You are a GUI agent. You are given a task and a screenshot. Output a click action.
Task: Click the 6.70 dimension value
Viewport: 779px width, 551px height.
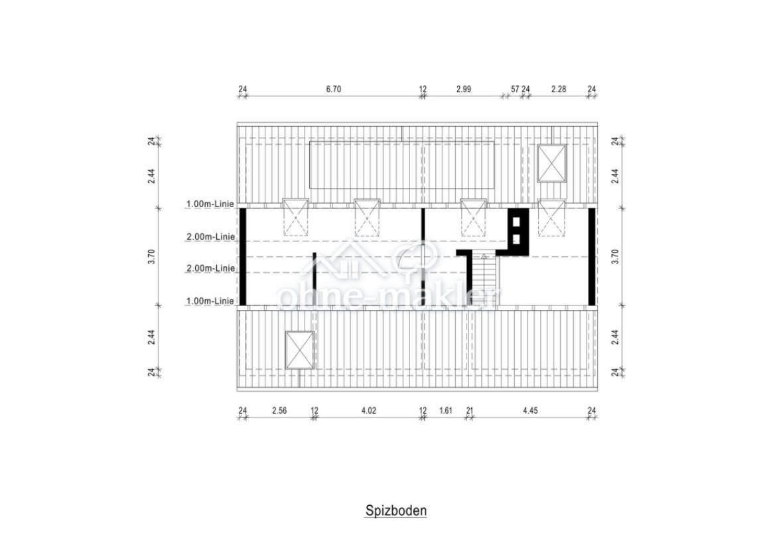pyautogui.click(x=333, y=90)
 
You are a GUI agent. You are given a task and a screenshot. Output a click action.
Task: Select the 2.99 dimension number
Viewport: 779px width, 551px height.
pyautogui.click(x=464, y=90)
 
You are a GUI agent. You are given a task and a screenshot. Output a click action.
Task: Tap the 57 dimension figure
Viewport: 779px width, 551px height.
pyautogui.click(x=515, y=90)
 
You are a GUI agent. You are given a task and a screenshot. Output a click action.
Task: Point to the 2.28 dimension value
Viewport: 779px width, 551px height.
pyautogui.click(x=559, y=90)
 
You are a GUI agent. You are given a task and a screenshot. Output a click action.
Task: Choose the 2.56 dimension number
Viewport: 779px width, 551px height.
pyautogui.click(x=279, y=411)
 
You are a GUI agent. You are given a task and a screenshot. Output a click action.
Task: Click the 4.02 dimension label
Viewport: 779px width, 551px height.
pyautogui.click(x=369, y=411)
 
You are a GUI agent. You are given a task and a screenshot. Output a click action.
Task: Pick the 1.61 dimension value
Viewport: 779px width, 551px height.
pyautogui.click(x=446, y=411)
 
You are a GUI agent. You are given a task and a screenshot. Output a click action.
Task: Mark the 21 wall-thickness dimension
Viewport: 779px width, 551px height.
pyautogui.click(x=470, y=411)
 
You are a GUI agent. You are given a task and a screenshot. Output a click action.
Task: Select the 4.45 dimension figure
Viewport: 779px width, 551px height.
pyautogui.click(x=530, y=411)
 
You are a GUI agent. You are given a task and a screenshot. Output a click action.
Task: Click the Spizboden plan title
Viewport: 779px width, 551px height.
pyautogui.click(x=396, y=511)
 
